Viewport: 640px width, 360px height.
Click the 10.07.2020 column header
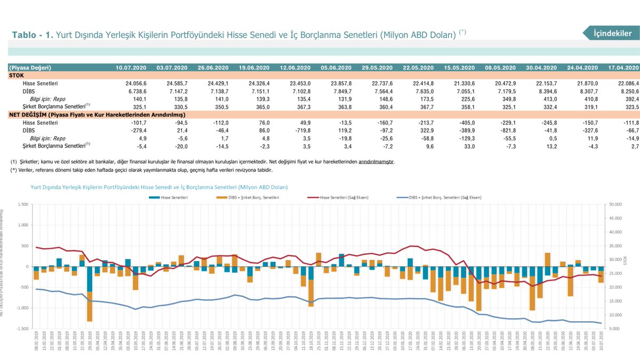130,68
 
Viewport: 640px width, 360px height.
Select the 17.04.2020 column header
623,68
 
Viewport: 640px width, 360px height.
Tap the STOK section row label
17,75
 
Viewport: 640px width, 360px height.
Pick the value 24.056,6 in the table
136,84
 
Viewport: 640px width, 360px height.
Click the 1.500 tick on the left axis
22,204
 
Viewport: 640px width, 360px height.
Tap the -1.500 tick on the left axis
21,329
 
